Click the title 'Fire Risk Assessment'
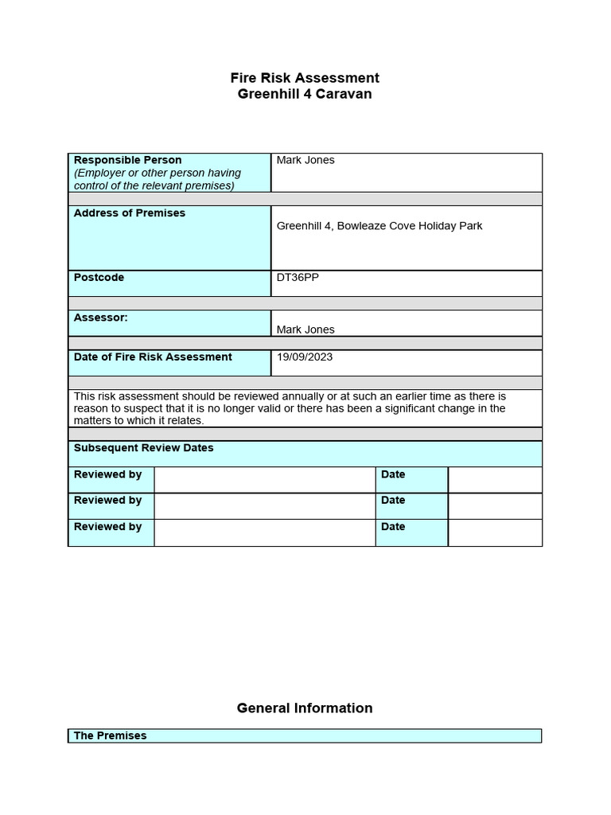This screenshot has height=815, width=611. [x=305, y=78]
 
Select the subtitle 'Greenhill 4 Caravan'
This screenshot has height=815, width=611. [x=305, y=94]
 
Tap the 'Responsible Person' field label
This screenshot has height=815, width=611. [x=127, y=160]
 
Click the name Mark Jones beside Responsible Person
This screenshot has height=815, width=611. [x=305, y=160]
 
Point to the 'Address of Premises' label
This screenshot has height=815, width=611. [x=130, y=213]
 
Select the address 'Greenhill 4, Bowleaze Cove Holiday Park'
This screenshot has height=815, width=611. [x=379, y=226]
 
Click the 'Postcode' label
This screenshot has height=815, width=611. [x=99, y=278]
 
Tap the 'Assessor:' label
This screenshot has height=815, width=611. [x=100, y=318]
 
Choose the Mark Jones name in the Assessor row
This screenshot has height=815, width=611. [x=305, y=330]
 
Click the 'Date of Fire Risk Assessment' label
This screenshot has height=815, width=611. [x=153, y=357]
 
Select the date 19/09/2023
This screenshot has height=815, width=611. [x=305, y=357]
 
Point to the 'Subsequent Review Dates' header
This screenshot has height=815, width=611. [x=144, y=448]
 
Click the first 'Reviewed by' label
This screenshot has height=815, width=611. [x=107, y=474]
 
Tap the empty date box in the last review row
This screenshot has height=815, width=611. [x=495, y=532]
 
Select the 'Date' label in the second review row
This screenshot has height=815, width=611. [x=393, y=501]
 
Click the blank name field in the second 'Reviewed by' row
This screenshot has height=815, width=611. [x=265, y=505]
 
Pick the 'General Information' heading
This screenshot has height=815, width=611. [x=305, y=708]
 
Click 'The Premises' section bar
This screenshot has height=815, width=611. [x=111, y=736]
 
